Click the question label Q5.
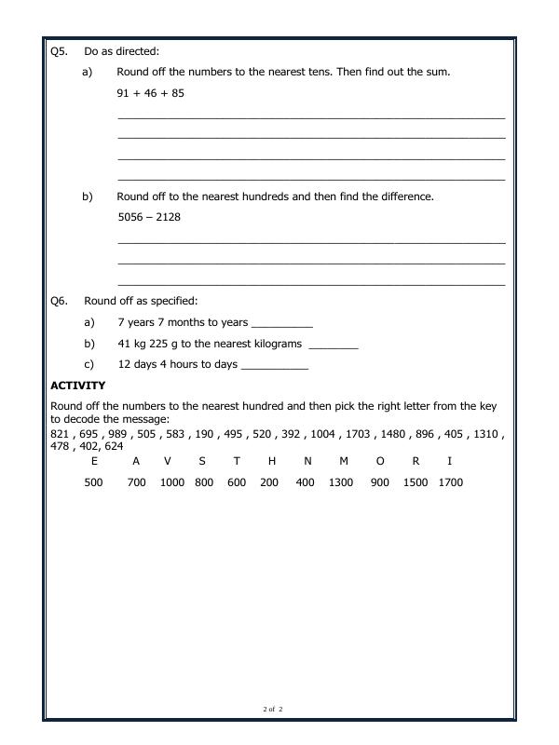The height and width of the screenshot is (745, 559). pos(59,51)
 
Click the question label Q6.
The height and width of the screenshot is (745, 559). pos(59,301)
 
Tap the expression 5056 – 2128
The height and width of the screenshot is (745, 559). pos(149,217)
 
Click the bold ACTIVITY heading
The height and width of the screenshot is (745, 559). pos(77,386)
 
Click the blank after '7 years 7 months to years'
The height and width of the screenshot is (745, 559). pos(282,324)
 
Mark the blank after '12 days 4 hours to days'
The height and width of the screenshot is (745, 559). pos(274,366)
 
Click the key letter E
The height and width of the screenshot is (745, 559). pos(94,461)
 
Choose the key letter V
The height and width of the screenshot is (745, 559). pos(168,461)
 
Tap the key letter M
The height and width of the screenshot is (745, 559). pos(343,461)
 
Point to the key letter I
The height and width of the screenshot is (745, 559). pos(450,461)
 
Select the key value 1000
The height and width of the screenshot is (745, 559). pos(172,482)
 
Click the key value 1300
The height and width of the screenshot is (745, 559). pos(341,482)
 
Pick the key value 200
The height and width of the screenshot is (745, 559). pos(269,482)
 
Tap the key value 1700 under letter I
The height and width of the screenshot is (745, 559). pos(450,482)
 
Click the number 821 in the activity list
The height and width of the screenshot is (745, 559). pos(60,434)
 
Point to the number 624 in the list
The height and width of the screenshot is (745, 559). pos(113,446)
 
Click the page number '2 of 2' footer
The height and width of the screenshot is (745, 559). pos(272,710)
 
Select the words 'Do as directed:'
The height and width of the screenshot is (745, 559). pos(121,51)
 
